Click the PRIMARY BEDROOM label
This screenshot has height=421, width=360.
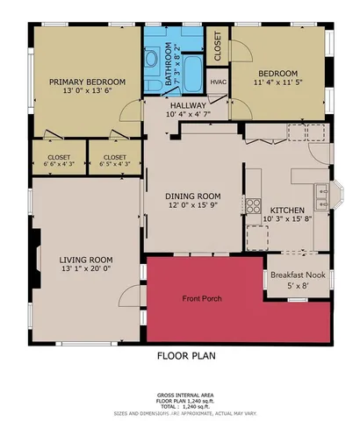pyautogui.click(x=87, y=82)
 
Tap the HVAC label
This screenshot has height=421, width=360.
pyautogui.click(x=218, y=82)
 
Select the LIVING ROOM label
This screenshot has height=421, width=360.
pyautogui.click(x=86, y=260)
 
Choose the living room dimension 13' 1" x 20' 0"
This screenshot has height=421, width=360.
pyautogui.click(x=86, y=269)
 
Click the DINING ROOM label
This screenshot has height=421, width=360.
pyautogui.click(x=194, y=196)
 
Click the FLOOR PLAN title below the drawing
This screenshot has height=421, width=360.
pyautogui.click(x=185, y=356)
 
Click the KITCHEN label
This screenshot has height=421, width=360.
pyautogui.click(x=287, y=210)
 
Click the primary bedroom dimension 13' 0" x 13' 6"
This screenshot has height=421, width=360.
pyautogui.click(x=87, y=91)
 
